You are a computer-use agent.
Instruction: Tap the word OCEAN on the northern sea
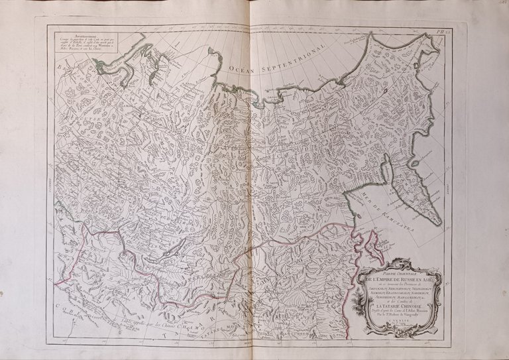click(x=242, y=66)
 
